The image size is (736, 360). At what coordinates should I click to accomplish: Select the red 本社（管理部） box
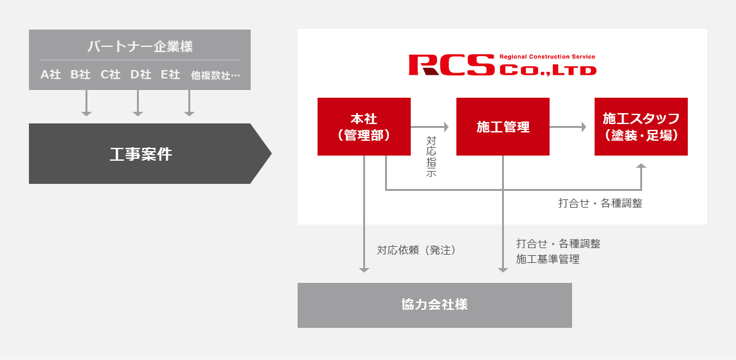pyautogui.click(x=364, y=127)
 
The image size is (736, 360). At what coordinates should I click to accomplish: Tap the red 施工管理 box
pyautogui.click(x=503, y=127)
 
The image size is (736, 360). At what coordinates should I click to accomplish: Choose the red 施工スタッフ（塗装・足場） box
pyautogui.click(x=641, y=127)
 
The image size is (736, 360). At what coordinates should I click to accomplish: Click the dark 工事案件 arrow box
pyautogui.click(x=141, y=154)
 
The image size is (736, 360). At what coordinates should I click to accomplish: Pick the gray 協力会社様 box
pyautogui.click(x=435, y=305)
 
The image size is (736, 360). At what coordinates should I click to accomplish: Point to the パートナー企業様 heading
pyautogui.click(x=139, y=46)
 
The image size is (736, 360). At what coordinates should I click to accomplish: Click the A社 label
pyautogui.click(x=51, y=75)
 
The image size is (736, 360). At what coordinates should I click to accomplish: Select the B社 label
pyautogui.click(x=80, y=75)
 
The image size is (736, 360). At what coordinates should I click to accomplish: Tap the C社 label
pyautogui.click(x=111, y=75)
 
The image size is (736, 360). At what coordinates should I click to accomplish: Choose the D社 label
pyautogui.click(x=141, y=75)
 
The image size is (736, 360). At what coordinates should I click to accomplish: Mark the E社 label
pyautogui.click(x=170, y=75)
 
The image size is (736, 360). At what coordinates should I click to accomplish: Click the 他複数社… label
pyautogui.click(x=215, y=75)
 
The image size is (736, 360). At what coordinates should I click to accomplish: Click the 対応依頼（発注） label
pyautogui.click(x=417, y=250)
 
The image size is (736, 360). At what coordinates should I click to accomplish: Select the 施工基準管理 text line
pyautogui.click(x=548, y=259)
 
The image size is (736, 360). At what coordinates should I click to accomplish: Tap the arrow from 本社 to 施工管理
pyautogui.click(x=429, y=127)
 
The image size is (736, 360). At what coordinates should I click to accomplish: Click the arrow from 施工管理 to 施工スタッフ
pyautogui.click(x=568, y=127)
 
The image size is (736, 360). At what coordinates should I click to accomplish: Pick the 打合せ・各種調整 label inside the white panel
pyautogui.click(x=600, y=203)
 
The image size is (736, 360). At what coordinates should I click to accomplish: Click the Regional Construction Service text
pyautogui.click(x=547, y=57)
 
